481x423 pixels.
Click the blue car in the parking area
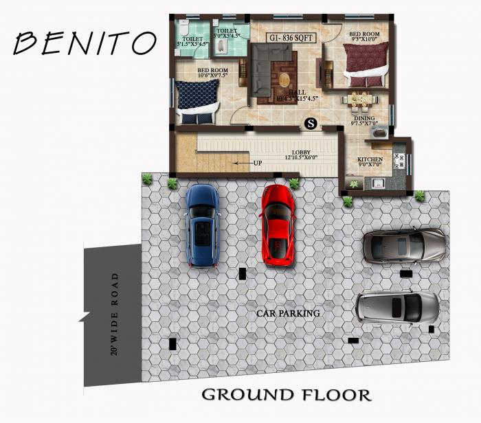(202, 225)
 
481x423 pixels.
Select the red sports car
(278, 225)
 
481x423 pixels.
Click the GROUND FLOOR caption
(286, 395)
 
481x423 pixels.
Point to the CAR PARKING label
(289, 313)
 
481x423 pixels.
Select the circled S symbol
(311, 124)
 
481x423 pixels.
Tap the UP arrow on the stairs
(249, 163)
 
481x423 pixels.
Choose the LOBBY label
(302, 152)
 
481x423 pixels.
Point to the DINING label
(364, 119)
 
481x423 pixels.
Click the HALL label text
(297, 93)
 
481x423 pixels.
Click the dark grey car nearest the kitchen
(404, 245)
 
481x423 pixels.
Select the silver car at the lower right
(398, 308)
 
